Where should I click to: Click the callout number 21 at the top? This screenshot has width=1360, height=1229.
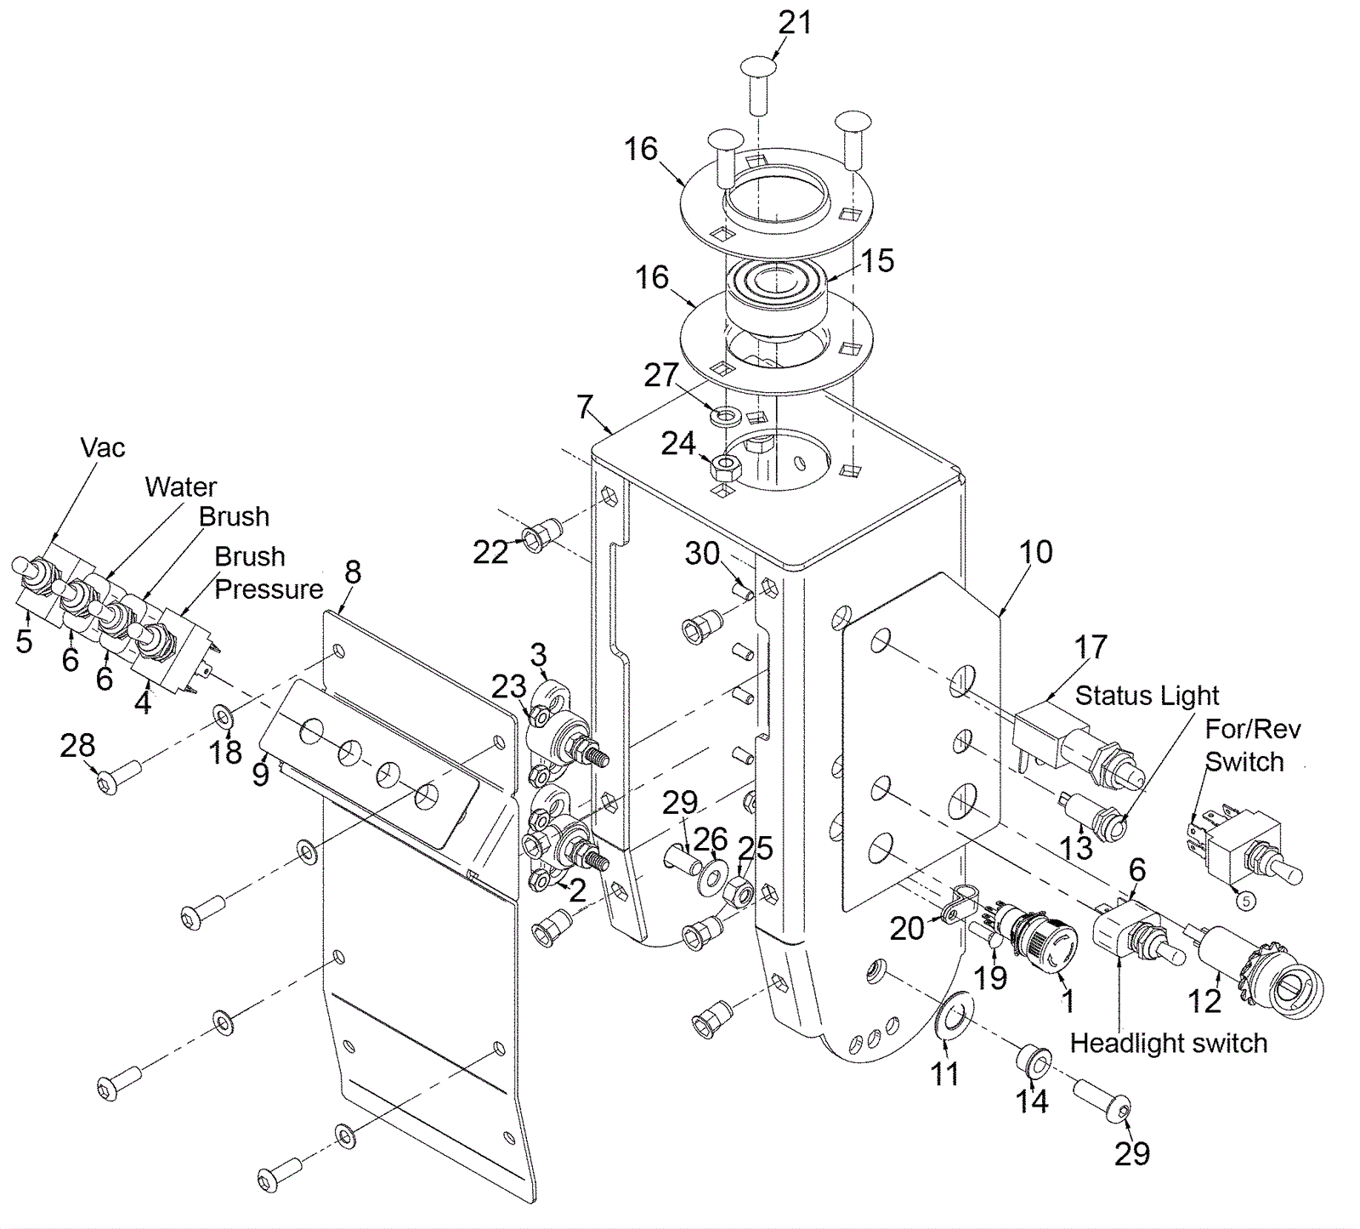click(x=795, y=23)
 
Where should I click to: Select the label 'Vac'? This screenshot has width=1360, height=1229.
click(x=103, y=447)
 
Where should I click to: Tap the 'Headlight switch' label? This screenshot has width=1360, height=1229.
click(x=1168, y=1043)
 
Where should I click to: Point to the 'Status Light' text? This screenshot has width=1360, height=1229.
click(x=1147, y=696)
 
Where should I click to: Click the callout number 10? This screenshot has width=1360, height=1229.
click(x=1035, y=552)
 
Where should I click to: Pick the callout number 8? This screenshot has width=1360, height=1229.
click(x=353, y=572)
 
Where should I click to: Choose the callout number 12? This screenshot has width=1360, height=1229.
click(x=1204, y=1002)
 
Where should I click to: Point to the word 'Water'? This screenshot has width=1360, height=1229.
click(x=181, y=486)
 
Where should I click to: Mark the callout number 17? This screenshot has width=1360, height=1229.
click(x=1091, y=647)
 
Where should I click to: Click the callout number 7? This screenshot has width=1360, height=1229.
click(x=584, y=407)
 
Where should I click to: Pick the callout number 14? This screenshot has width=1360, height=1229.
click(x=1032, y=1101)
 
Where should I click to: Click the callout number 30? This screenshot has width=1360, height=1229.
click(x=702, y=554)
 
